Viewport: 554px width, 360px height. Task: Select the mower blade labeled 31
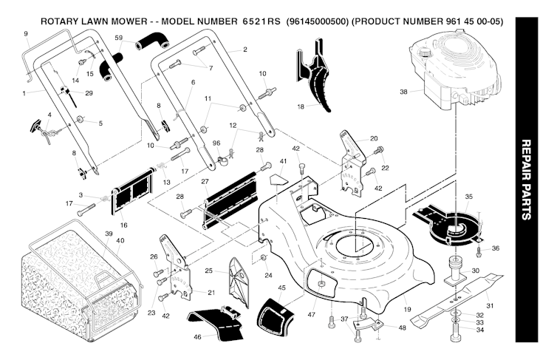click(x=451, y=302)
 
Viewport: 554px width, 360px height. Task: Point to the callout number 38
click(x=403, y=92)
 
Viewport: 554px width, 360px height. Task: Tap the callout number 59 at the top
click(x=119, y=37)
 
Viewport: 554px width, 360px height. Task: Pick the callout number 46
click(x=197, y=336)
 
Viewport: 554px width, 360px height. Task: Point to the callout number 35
click(x=469, y=197)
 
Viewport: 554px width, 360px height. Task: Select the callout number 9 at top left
click(x=25, y=34)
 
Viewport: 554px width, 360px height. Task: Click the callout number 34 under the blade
click(x=479, y=330)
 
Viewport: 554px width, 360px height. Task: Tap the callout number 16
click(x=123, y=224)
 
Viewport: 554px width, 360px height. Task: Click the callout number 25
click(x=209, y=271)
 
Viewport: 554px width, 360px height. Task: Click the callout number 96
click(x=216, y=143)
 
